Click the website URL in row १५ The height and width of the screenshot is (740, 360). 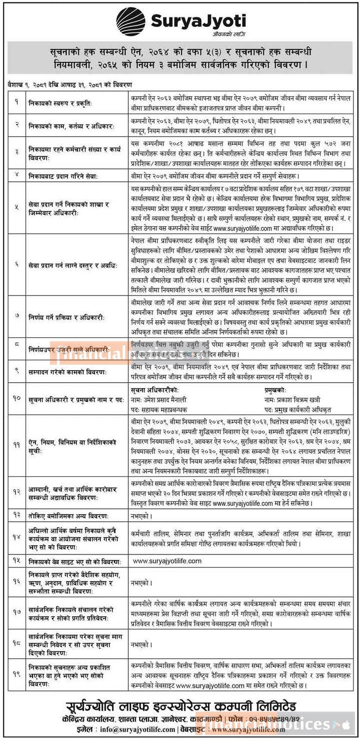[x=167, y=561]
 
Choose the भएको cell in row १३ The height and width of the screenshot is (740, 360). [x=140, y=515]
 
